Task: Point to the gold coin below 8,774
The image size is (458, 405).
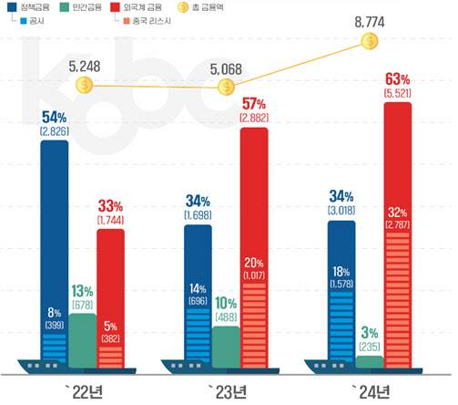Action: point(369,41)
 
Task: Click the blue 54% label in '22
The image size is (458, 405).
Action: point(55,118)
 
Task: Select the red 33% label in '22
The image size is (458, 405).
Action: point(110,206)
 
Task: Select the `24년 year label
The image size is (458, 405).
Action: point(370,391)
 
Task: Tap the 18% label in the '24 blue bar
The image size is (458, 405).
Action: point(341,273)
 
